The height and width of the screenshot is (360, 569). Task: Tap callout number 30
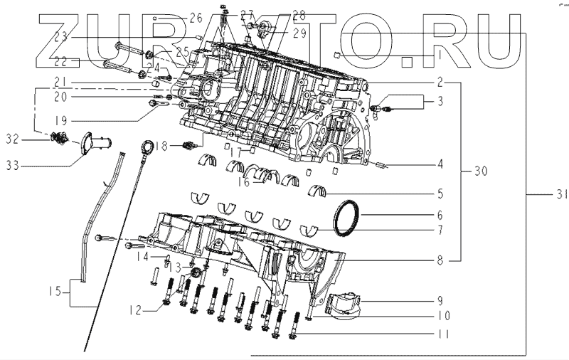click(x=481, y=171)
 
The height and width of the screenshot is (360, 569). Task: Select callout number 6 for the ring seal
click(x=440, y=213)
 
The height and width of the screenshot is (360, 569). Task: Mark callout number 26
click(x=176, y=16)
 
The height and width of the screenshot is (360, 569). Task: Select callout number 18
click(x=163, y=145)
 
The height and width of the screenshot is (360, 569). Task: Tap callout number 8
click(x=440, y=261)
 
